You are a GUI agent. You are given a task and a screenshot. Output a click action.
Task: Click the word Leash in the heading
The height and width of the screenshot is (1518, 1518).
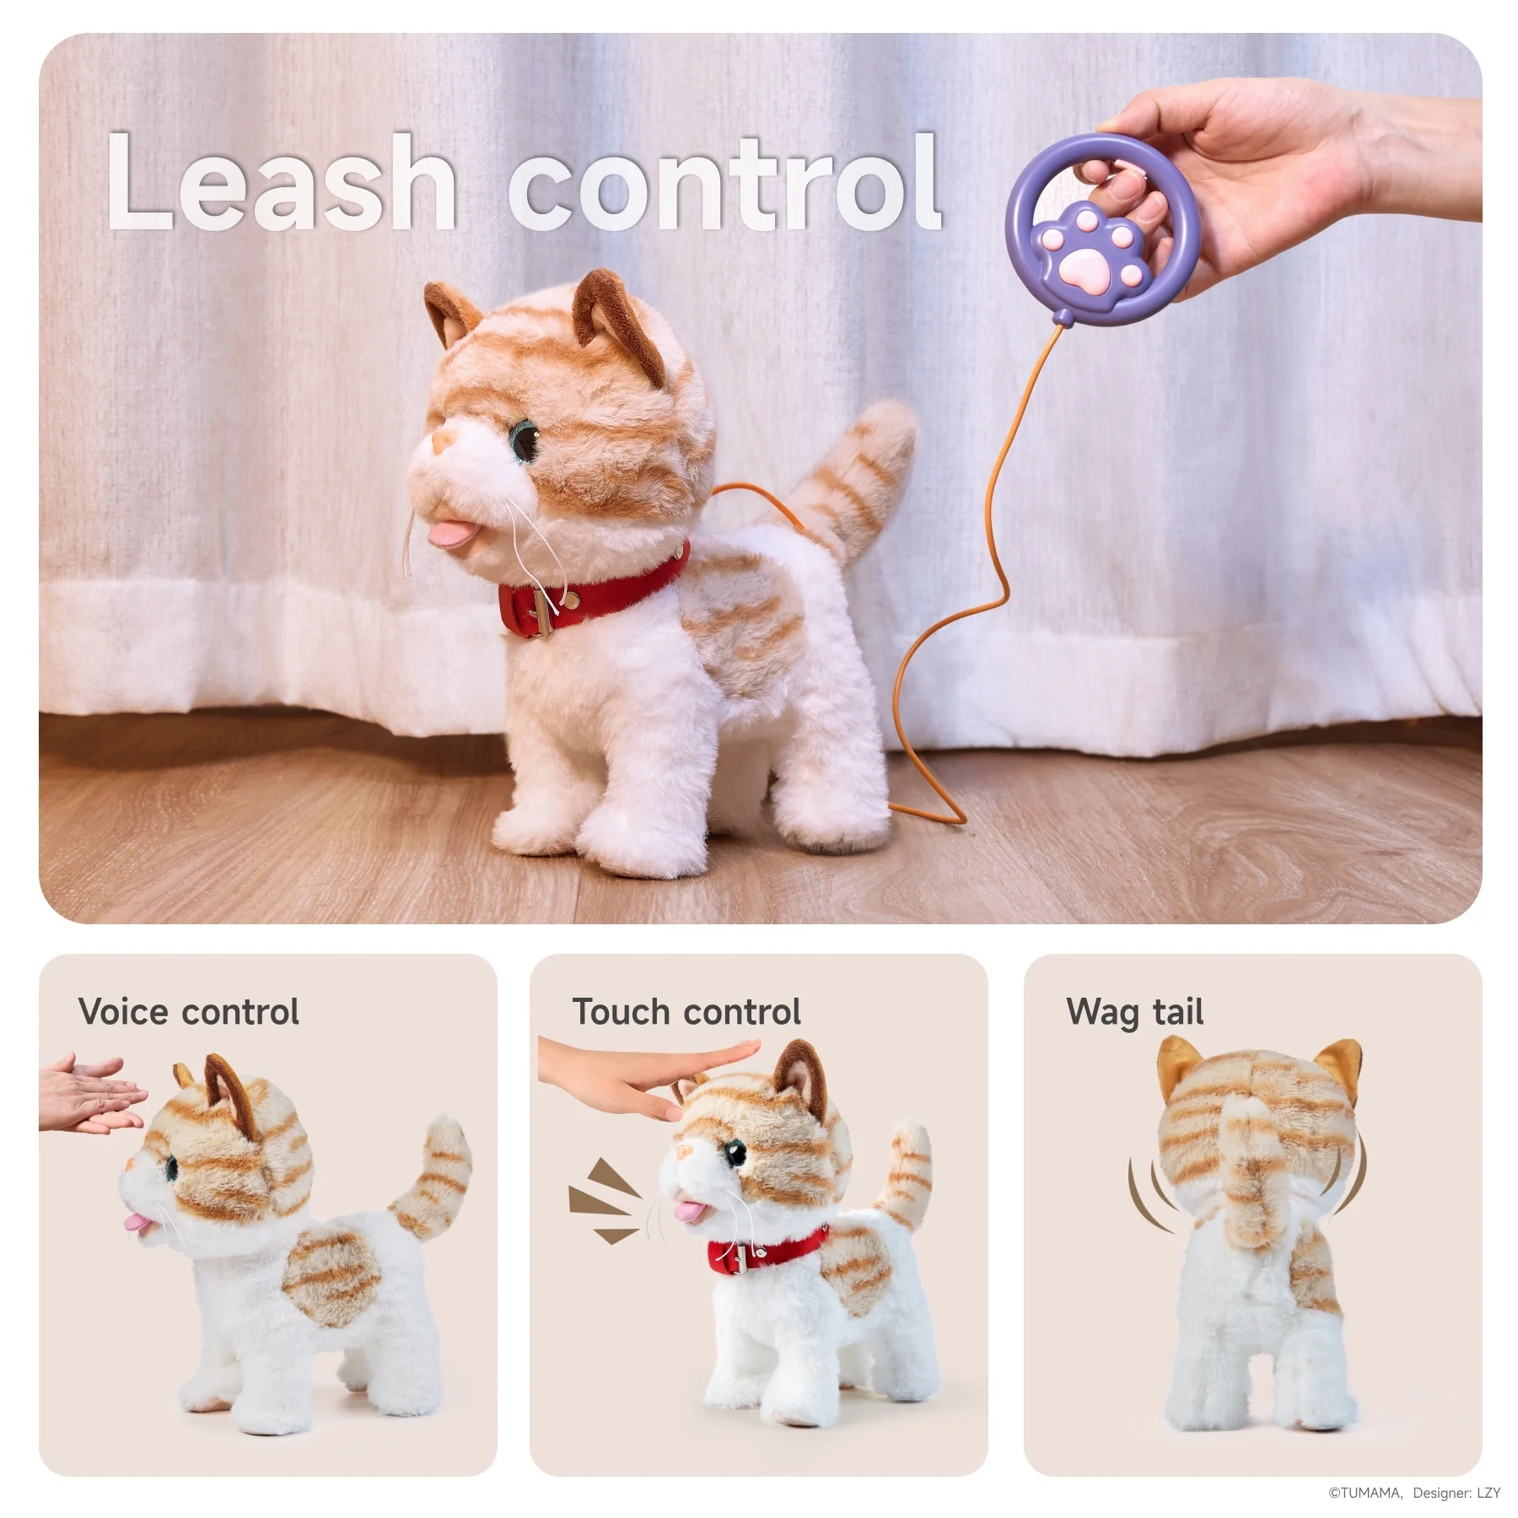pyautogui.click(x=283, y=183)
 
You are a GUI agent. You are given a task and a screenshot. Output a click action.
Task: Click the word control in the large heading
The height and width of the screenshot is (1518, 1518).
pyautogui.click(x=724, y=183)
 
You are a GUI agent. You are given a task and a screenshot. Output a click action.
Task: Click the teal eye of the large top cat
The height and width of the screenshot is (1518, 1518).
pyautogui.click(x=528, y=441)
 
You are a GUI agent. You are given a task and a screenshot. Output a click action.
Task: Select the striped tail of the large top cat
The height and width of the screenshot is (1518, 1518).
pyautogui.click(x=860, y=472)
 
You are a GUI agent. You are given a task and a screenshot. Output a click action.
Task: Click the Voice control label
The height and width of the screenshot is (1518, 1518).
pyautogui.click(x=188, y=1012)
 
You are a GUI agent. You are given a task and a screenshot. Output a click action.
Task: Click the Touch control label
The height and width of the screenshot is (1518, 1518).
pyautogui.click(x=686, y=1012)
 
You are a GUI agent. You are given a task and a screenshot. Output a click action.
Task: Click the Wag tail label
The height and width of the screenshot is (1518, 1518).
pyautogui.click(x=1134, y=1012)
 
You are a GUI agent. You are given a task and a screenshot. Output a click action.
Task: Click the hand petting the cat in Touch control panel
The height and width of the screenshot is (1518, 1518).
pyautogui.click(x=641, y=1075)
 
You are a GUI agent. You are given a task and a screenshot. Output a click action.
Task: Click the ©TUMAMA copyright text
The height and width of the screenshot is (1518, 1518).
pyautogui.click(x=1365, y=1493)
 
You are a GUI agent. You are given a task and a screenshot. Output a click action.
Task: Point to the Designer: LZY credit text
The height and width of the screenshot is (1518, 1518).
pyautogui.click(x=1456, y=1493)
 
